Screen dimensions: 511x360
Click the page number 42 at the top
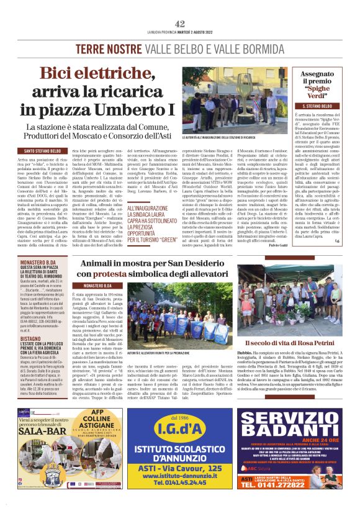180,23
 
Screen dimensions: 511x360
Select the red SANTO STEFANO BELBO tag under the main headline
43,151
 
